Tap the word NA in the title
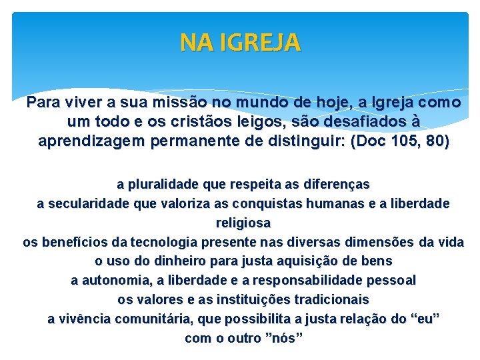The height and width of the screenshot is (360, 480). coord(193,43)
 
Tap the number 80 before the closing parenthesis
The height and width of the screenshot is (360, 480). coord(437,141)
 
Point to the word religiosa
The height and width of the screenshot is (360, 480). coord(243,223)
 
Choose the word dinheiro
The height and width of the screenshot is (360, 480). coord(180,261)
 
